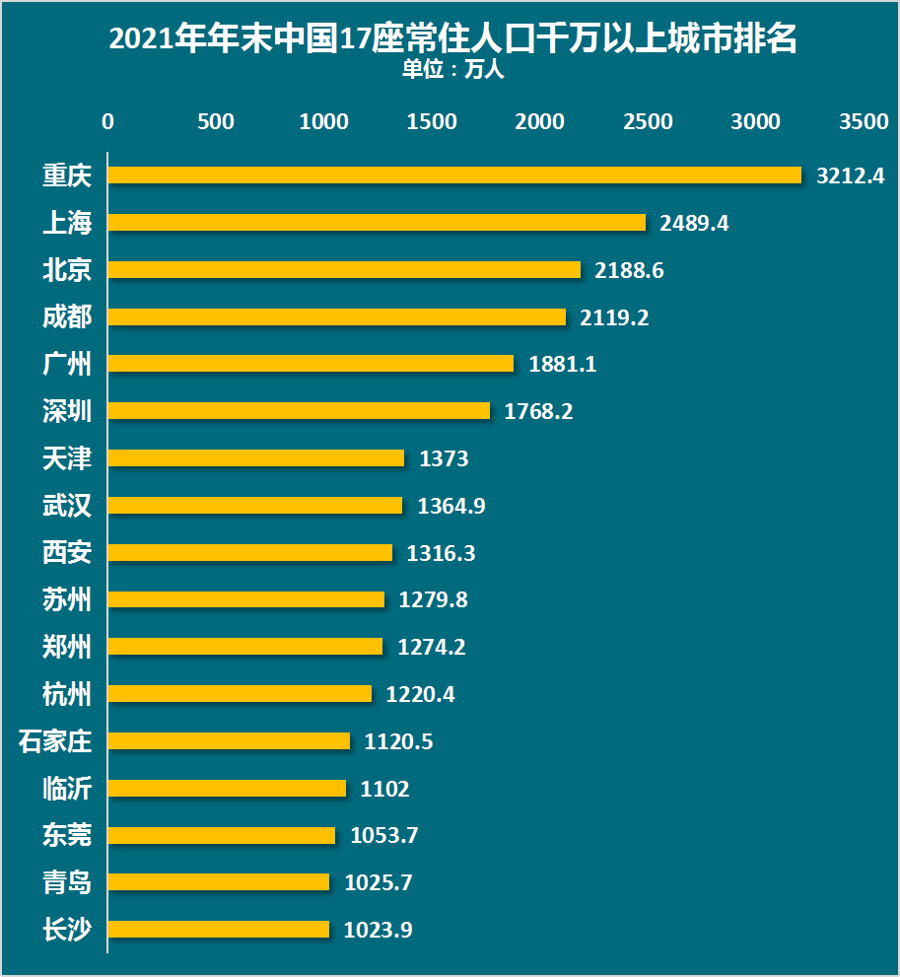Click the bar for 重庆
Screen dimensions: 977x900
(x=454, y=174)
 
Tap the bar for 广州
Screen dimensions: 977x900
(x=311, y=364)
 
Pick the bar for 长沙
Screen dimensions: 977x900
(x=218, y=929)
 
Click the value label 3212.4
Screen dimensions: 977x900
(x=851, y=175)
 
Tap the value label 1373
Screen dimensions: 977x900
(x=444, y=458)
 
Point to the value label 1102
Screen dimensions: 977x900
(x=384, y=789)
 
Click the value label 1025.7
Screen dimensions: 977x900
(x=379, y=882)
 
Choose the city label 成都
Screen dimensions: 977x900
(x=67, y=316)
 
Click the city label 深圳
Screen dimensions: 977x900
(x=67, y=411)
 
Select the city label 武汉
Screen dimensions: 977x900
(x=67, y=506)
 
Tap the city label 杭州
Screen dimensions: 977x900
(x=67, y=694)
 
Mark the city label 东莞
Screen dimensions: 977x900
(x=67, y=835)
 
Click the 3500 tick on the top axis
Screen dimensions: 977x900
(x=864, y=121)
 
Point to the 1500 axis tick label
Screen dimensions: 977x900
(x=432, y=121)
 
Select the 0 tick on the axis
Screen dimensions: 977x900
(x=107, y=121)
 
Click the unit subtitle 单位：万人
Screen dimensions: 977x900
(x=452, y=71)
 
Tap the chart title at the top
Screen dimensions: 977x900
(x=452, y=39)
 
